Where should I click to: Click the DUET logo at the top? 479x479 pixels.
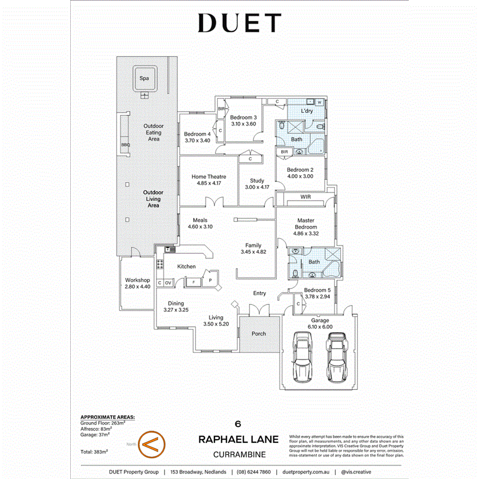point(239,23)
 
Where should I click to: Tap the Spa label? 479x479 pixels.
point(144,78)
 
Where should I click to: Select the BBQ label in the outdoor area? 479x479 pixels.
point(126,144)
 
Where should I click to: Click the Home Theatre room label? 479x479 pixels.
point(209,177)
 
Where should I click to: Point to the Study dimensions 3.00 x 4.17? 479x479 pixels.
point(257,187)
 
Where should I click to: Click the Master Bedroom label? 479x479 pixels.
point(305,224)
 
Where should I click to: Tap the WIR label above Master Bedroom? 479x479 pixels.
point(305,197)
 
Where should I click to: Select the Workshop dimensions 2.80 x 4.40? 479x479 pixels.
point(137,287)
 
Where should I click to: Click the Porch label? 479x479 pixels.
point(259,334)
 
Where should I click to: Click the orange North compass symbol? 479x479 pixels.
point(152,443)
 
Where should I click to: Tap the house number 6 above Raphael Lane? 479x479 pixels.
point(239,424)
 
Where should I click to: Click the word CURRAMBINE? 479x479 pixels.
point(239,455)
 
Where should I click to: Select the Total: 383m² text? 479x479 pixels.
point(94,452)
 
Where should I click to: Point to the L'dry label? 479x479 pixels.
point(307,111)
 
